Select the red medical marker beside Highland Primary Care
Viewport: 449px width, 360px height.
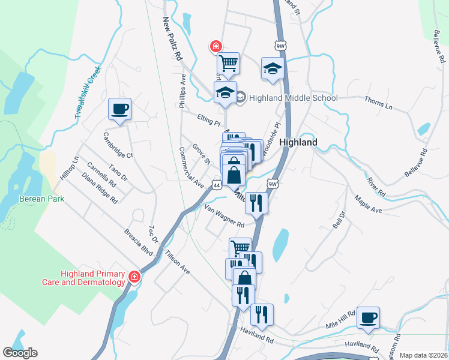[x=134, y=277]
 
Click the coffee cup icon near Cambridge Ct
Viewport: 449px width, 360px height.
[x=119, y=109]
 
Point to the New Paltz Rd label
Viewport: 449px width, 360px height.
[x=172, y=39]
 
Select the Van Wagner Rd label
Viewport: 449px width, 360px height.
[x=224, y=216]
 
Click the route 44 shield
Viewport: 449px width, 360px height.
[x=214, y=185]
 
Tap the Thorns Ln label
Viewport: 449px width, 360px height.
[x=378, y=103]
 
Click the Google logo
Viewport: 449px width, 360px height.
[x=20, y=353]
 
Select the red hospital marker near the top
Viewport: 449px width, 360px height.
[x=214, y=46]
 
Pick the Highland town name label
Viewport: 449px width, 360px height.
[x=298, y=143]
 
